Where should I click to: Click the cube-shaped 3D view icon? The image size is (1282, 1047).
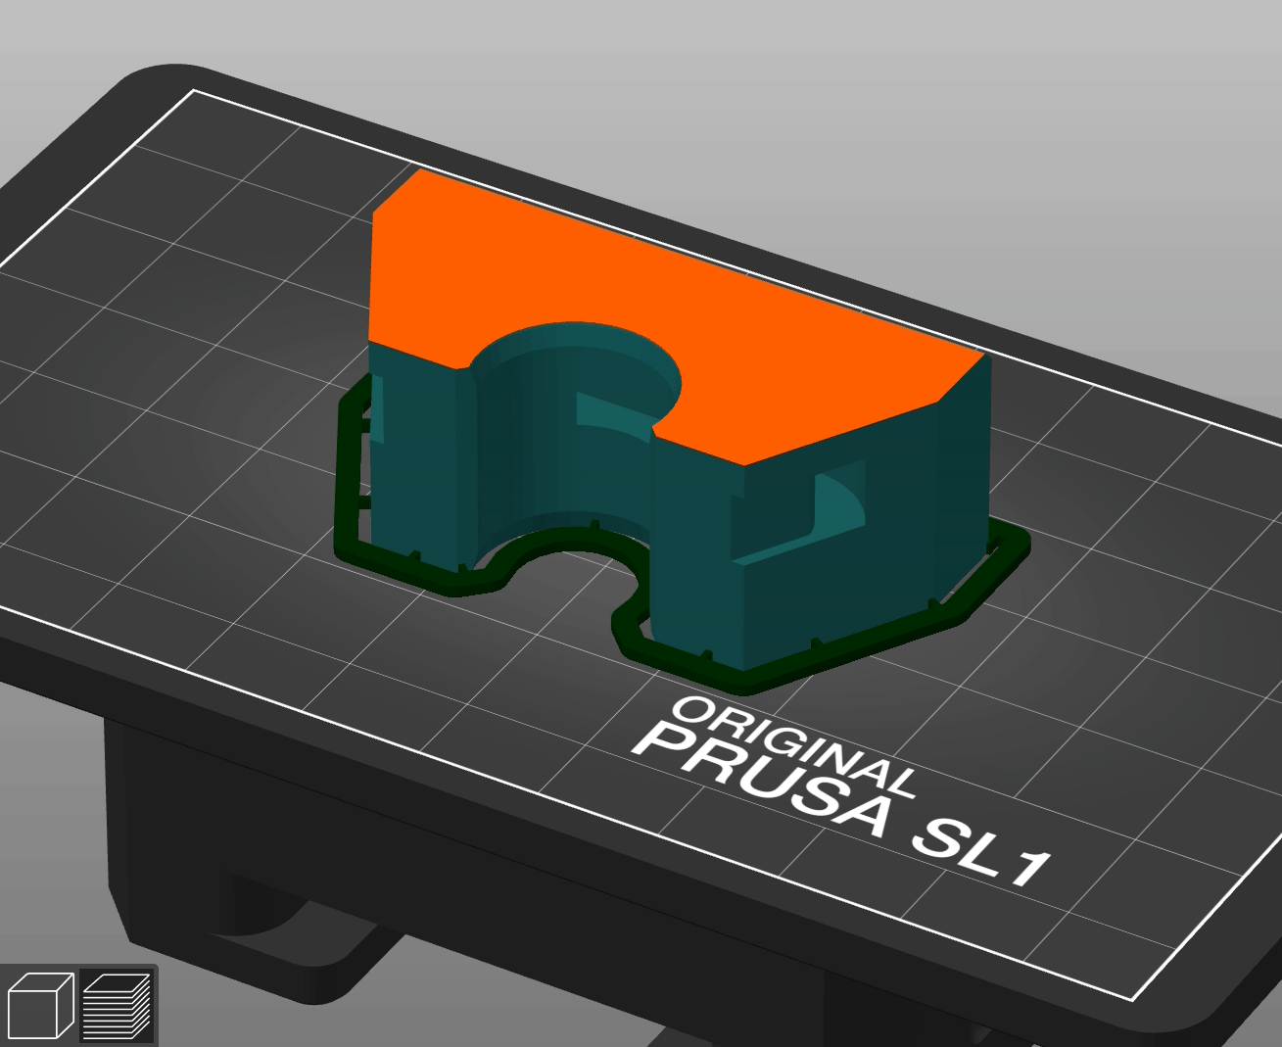[40, 1005]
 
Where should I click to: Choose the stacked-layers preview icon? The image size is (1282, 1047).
[117, 1005]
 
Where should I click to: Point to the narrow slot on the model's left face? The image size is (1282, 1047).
[375, 411]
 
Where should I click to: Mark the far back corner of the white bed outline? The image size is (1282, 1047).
[195, 90]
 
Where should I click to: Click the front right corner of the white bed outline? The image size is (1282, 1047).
[1133, 999]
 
